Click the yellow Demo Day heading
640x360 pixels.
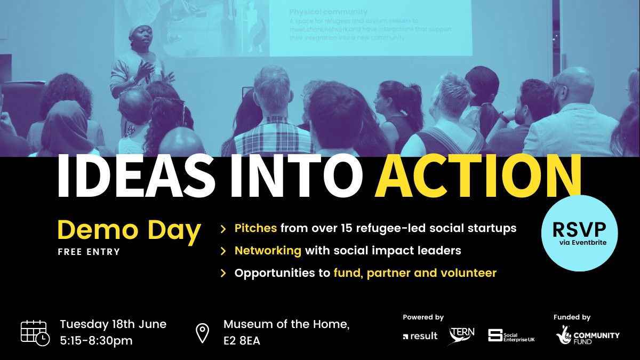tap(129, 230)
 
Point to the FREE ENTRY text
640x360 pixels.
tap(89, 252)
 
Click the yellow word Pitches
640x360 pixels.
tap(255, 228)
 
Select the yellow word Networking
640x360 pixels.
tap(268, 250)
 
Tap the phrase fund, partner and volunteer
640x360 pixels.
tap(415, 273)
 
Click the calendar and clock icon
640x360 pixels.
tap(35, 332)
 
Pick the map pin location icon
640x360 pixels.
tap(203, 333)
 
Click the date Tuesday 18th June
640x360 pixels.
tap(113, 324)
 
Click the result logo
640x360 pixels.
tap(420, 336)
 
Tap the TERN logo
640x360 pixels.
tap(462, 335)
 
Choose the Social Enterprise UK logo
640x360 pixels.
tap(511, 335)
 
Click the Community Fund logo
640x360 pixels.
tap(588, 335)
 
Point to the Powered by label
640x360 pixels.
tap(423, 317)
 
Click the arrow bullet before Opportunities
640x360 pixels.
tap(223, 274)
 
